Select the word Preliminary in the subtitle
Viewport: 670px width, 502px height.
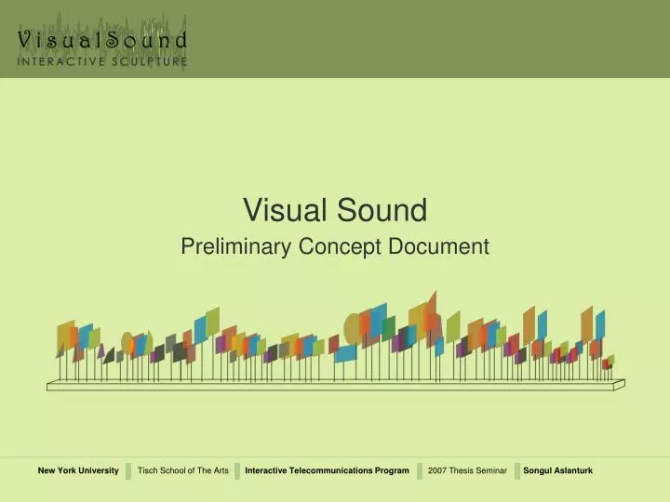coord(235,246)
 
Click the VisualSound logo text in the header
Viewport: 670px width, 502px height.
coord(102,40)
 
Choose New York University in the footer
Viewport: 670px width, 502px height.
coord(78,471)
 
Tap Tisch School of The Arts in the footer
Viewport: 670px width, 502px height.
coord(182,471)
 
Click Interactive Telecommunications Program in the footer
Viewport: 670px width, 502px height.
coord(327,471)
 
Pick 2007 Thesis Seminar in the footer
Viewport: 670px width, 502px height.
coord(467,471)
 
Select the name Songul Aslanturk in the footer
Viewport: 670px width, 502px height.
coord(558,471)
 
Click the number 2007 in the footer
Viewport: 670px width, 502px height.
coord(438,471)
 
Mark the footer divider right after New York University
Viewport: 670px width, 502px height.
coord(128,471)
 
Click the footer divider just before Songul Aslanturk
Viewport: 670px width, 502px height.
coord(515,471)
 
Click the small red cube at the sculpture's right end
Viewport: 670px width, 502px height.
coord(606,363)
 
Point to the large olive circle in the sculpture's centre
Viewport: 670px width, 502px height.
coord(354,327)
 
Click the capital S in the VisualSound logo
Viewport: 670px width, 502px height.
coord(115,40)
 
